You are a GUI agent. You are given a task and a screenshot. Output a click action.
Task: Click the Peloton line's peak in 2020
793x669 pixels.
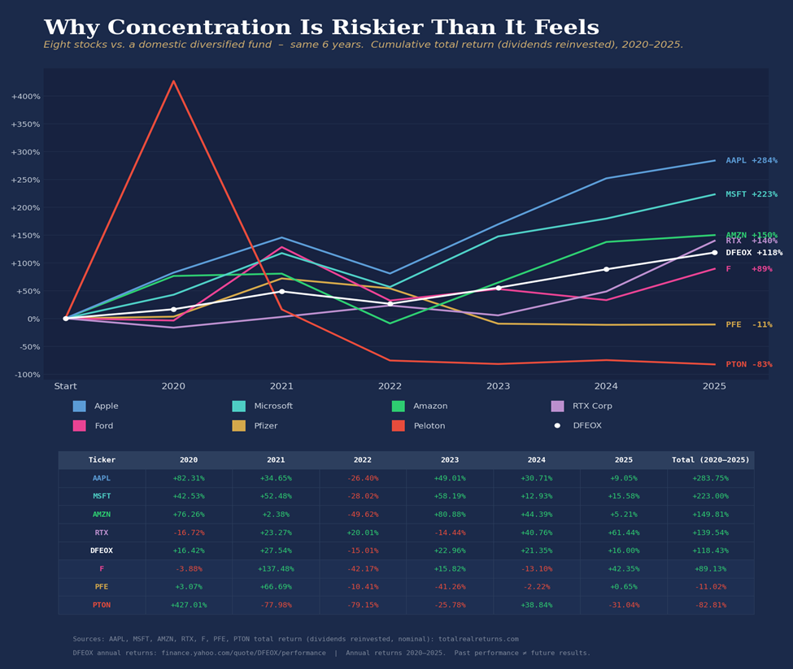click(173, 81)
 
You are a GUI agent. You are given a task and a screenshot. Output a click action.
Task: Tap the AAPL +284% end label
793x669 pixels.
click(751, 161)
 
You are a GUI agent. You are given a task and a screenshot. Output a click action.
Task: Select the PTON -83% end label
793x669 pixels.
click(748, 365)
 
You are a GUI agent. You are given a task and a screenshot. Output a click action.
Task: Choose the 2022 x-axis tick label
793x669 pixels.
click(390, 386)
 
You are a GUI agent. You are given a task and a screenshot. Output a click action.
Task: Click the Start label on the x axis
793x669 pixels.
click(66, 386)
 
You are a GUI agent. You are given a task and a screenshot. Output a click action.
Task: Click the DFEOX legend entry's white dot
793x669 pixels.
click(557, 425)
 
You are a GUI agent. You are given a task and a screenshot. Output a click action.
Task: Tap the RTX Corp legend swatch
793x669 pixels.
click(557, 406)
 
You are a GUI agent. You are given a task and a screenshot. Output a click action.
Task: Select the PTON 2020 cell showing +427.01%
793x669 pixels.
click(188, 606)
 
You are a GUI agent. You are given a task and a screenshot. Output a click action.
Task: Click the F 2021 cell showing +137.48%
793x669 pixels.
click(276, 569)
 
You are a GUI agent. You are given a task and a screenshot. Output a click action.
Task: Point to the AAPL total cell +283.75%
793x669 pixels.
click(710, 479)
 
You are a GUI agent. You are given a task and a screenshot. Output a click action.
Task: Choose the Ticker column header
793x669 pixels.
click(102, 460)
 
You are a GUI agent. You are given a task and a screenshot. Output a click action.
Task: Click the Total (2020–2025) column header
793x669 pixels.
click(710, 460)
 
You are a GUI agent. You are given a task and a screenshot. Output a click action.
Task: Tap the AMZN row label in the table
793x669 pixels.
click(102, 515)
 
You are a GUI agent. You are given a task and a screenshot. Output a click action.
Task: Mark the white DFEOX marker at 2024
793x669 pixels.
click(606, 269)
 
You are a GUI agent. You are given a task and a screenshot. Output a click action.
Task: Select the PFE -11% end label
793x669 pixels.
click(748, 325)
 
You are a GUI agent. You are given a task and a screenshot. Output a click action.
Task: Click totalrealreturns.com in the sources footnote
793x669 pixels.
click(477, 639)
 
